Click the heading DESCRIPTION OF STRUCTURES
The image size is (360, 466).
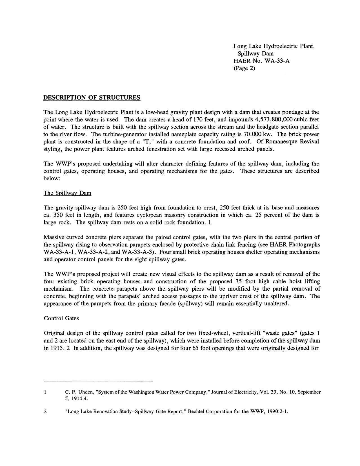pyautogui.click(x=92, y=98)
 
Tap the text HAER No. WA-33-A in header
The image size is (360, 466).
pyautogui.click(x=262, y=61)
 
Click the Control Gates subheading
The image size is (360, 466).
pyautogui.click(x=61, y=318)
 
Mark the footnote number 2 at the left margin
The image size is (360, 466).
pyautogui.click(x=45, y=411)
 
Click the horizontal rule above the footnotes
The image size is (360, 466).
pyautogui.click(x=98, y=381)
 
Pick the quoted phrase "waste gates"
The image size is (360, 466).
pyautogui.click(x=281, y=333)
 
